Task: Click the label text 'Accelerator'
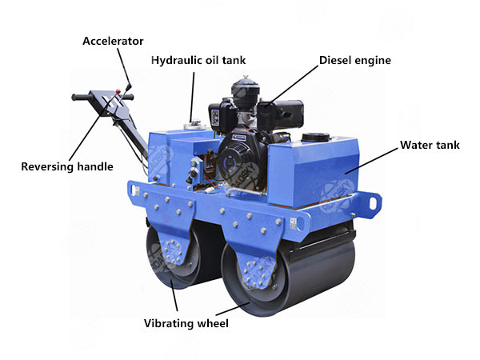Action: tap(113, 41)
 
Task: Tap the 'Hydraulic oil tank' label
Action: tap(199, 60)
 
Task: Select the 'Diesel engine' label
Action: tap(354, 60)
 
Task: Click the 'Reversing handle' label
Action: tap(66, 167)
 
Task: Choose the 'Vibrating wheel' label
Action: tap(186, 324)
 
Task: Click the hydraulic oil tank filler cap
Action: tap(192, 124)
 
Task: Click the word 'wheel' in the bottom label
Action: tap(210, 324)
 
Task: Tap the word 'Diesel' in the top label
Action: tap(337, 60)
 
